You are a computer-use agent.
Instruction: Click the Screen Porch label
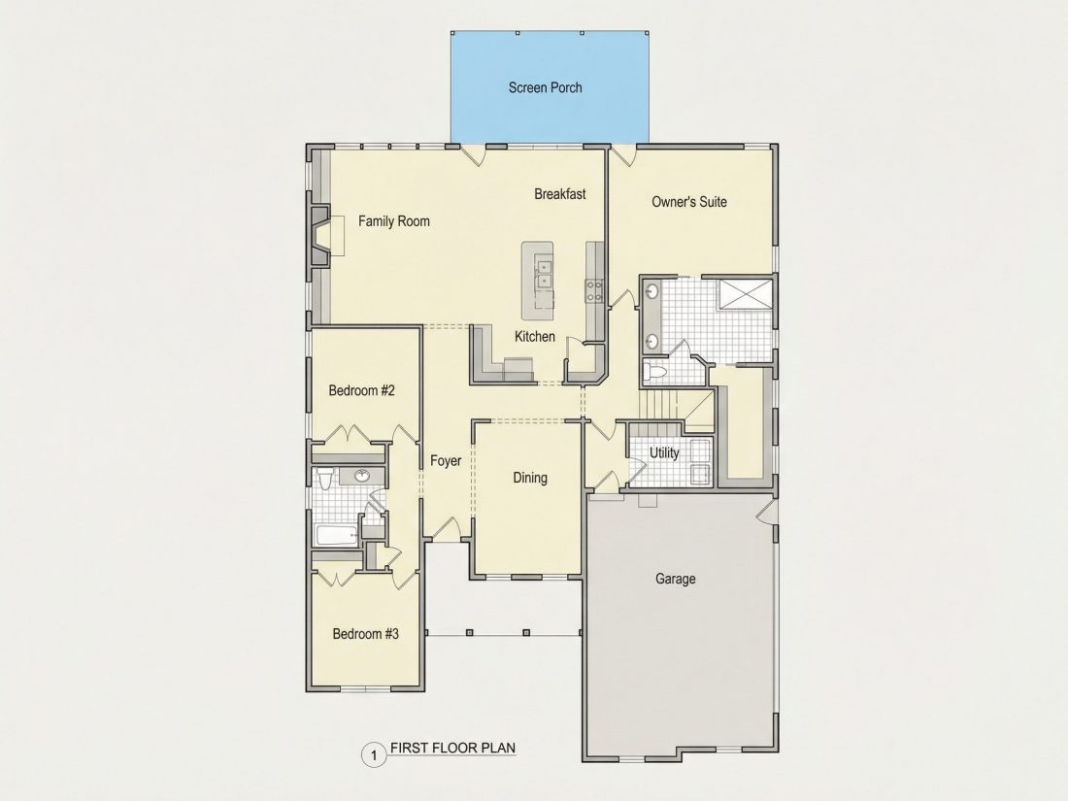pos(545,87)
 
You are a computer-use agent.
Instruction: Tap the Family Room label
pos(393,220)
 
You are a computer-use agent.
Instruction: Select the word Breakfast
pos(560,194)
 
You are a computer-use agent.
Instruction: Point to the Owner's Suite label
pos(689,202)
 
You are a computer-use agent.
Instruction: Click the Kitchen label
pos(535,337)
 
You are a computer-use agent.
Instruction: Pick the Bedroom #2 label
pos(362,390)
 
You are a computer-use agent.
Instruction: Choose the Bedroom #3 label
pos(366,634)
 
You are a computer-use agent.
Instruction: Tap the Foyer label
pos(447,461)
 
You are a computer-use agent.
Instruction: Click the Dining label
pos(530,478)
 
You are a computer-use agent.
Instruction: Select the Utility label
pos(664,453)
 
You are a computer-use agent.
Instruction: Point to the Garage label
pos(676,579)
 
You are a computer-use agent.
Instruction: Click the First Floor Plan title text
pos(453,748)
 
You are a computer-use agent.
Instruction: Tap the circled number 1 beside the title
pos(373,755)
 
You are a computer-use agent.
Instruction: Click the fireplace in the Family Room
pos(320,235)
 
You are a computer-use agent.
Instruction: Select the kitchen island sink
pos(544,273)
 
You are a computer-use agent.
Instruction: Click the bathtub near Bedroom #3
pos(337,535)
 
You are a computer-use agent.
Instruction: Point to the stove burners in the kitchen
pos(594,291)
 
